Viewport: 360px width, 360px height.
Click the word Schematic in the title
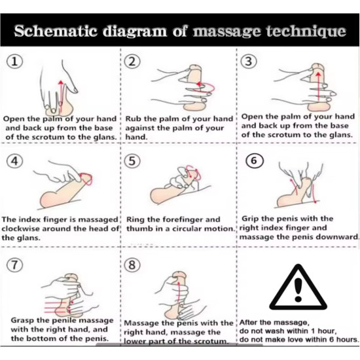coord(56,31)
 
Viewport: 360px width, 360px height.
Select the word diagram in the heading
coord(135,31)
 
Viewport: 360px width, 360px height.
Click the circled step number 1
coord(14,62)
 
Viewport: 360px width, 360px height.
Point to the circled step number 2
coord(132,62)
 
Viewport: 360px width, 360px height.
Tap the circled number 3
coord(249,62)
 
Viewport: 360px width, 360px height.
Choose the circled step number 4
coord(14,161)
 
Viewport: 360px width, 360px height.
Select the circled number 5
coord(132,161)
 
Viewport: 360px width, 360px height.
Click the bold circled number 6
coord(254,160)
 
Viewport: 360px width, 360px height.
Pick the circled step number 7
coord(14,264)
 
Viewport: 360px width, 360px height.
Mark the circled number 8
coord(132,264)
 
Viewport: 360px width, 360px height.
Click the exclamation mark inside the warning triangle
coord(298,290)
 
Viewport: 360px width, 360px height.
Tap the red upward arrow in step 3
coord(318,86)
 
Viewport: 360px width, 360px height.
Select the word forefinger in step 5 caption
coord(180,220)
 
